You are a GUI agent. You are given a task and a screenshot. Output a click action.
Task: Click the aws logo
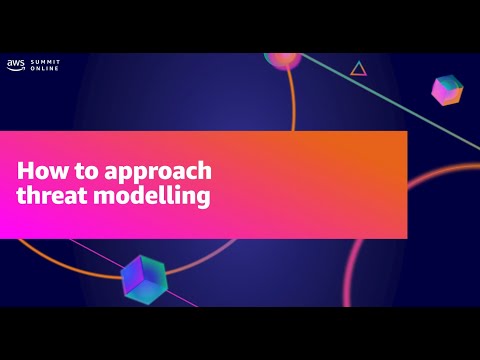coord(16,64)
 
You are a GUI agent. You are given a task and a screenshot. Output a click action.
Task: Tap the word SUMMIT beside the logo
coord(46,61)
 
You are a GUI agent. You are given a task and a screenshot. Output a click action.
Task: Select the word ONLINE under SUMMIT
coord(45,69)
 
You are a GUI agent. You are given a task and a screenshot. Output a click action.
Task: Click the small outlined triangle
coord(358,69)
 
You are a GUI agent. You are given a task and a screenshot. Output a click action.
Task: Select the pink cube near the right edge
coord(446,90)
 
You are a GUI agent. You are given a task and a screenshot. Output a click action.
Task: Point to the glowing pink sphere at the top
coord(282,58)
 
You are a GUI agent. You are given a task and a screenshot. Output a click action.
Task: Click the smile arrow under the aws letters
coord(16,69)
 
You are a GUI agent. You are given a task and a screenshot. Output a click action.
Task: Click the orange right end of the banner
coord(395,184)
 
